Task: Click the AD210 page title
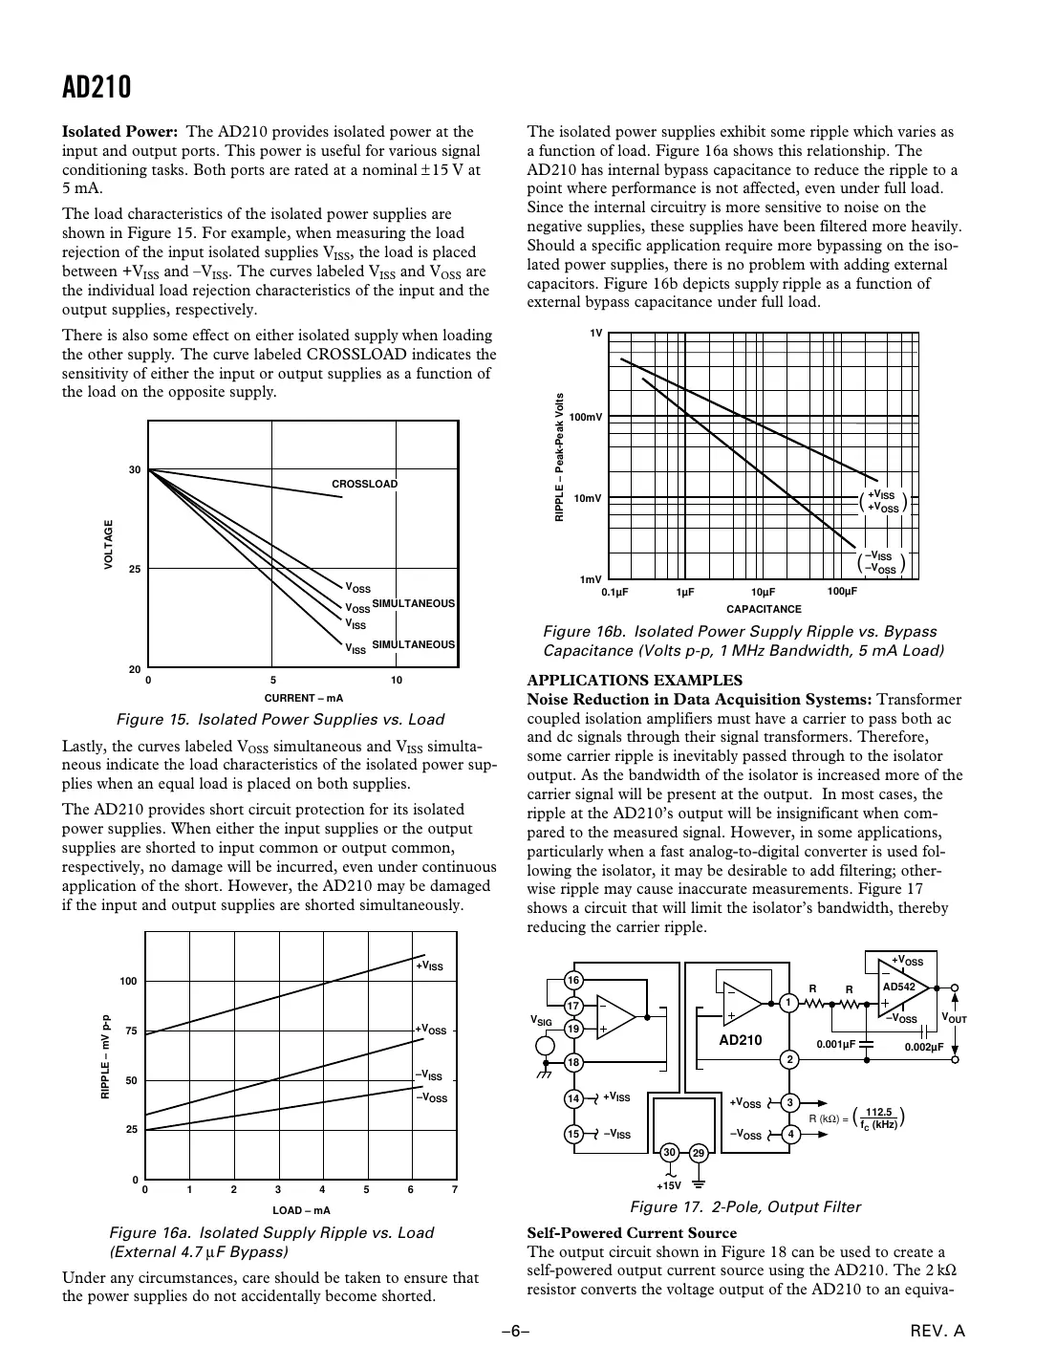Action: (97, 88)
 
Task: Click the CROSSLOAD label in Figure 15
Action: (364, 484)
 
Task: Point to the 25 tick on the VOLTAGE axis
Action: (135, 570)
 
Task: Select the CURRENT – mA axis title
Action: (303, 698)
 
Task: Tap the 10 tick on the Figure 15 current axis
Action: (397, 681)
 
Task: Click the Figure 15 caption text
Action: (280, 719)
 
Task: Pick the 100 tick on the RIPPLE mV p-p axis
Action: (129, 982)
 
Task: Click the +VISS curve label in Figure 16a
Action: (429, 967)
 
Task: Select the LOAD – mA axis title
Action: (301, 1210)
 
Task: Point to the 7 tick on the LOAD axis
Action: (455, 1190)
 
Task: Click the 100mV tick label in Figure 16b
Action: (586, 418)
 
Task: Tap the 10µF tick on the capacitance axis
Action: (763, 593)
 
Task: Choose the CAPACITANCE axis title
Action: (764, 609)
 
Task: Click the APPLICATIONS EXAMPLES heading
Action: (635, 681)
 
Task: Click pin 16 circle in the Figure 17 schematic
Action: (572, 981)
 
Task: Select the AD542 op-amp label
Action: (898, 987)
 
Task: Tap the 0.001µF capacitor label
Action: (835, 1045)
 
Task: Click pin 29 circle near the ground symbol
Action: (699, 1153)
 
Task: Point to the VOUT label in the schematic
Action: (955, 1018)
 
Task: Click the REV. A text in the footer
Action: (937, 1331)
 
